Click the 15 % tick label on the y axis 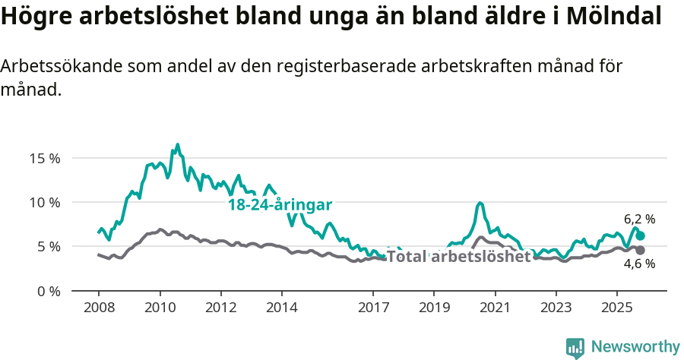pyautogui.click(x=45, y=159)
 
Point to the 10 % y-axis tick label pyautogui.click(x=45, y=203)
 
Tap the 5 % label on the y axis pyautogui.click(x=49, y=247)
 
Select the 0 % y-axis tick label pyautogui.click(x=49, y=291)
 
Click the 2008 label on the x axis pyautogui.click(x=99, y=308)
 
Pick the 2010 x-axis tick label pyautogui.click(x=160, y=308)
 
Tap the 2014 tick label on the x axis pyautogui.click(x=281, y=308)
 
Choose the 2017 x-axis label pyautogui.click(x=372, y=308)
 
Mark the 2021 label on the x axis pyautogui.click(x=495, y=308)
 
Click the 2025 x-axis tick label pyautogui.click(x=616, y=308)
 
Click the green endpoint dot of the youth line pyautogui.click(x=640, y=236)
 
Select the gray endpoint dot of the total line pyautogui.click(x=640, y=250)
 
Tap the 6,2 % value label pyautogui.click(x=639, y=219)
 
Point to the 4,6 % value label pyautogui.click(x=639, y=264)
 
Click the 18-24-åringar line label pyautogui.click(x=280, y=204)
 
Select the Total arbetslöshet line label pyautogui.click(x=458, y=257)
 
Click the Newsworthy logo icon pyautogui.click(x=575, y=348)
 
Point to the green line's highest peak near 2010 pyautogui.click(x=178, y=144)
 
